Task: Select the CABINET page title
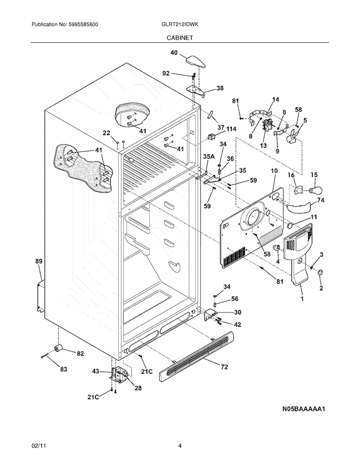[179, 38]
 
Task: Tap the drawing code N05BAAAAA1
[303, 409]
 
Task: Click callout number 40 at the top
[174, 53]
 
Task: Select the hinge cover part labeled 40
[195, 62]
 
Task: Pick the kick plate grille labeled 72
[196, 356]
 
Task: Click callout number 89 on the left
[39, 262]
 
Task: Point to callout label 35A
[209, 156]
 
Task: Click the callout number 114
[231, 129]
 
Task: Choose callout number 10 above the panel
[274, 171]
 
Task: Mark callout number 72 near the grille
[224, 367]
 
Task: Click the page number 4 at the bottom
[179, 445]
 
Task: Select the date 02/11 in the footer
[36, 445]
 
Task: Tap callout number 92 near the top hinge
[166, 73]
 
